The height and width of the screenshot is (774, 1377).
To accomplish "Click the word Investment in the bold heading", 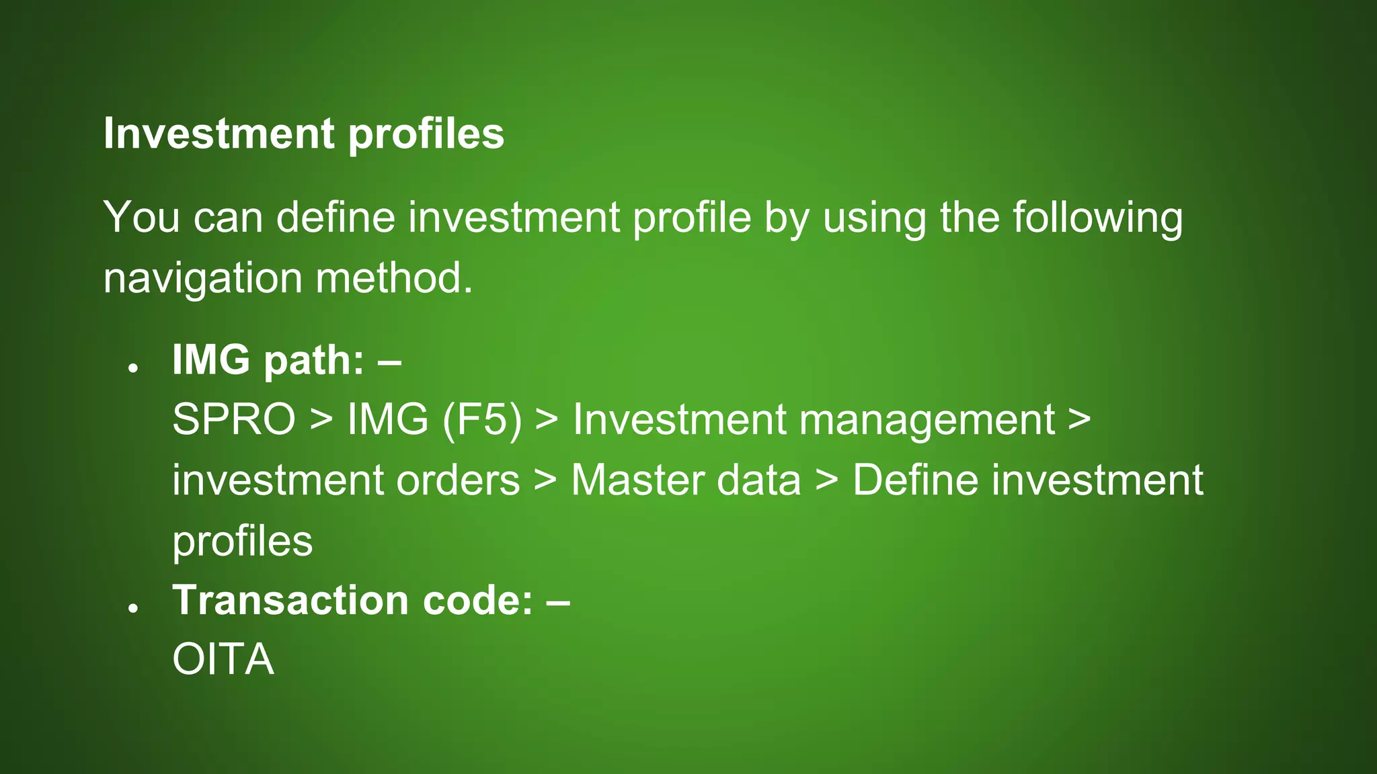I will click(219, 134).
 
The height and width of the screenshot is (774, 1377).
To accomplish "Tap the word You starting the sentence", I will click(141, 218).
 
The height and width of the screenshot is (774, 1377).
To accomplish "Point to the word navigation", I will click(202, 278).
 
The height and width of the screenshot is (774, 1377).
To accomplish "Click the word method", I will click(394, 278).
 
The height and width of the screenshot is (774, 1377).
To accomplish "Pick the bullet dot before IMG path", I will click(133, 368).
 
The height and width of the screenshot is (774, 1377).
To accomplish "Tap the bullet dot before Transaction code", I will click(133, 607).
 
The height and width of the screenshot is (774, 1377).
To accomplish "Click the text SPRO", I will click(233, 420).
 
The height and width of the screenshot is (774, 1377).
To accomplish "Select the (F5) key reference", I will click(481, 420).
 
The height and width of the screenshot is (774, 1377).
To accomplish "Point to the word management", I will click(927, 420).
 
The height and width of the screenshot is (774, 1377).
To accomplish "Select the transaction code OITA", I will click(223, 660).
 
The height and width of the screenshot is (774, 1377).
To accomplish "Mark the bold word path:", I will click(313, 361).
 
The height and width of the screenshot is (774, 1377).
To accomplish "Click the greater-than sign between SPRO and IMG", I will click(321, 420).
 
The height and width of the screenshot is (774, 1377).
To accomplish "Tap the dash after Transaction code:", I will click(558, 600).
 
